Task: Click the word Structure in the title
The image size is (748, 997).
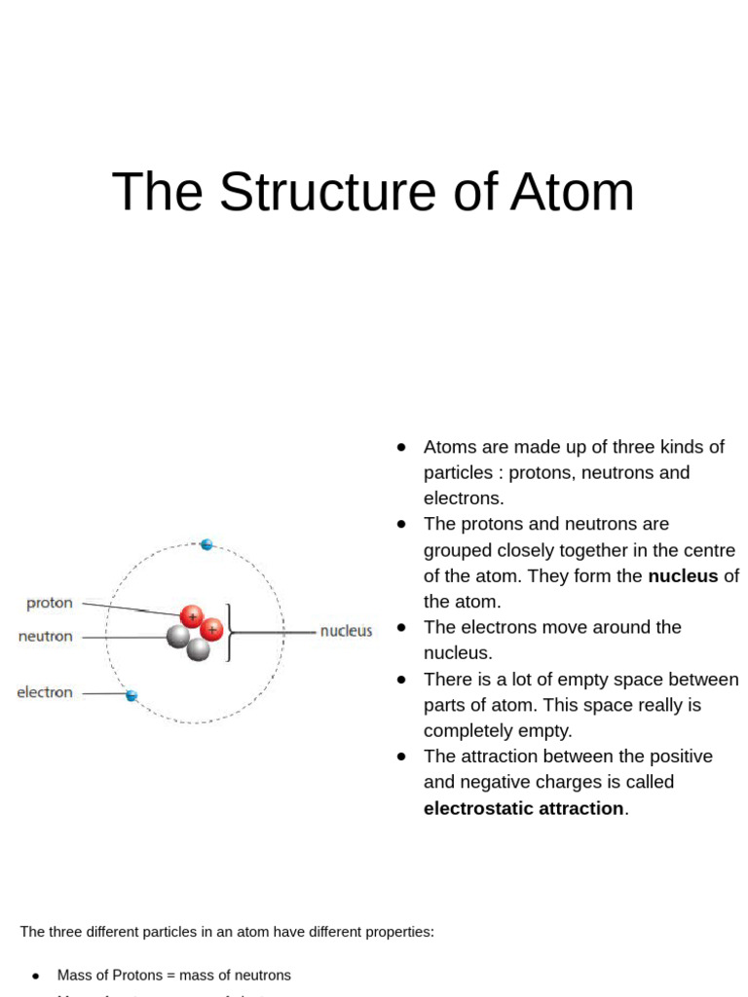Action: click(326, 192)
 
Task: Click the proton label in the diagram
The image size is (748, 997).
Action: click(50, 603)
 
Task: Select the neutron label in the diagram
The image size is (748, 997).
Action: click(46, 636)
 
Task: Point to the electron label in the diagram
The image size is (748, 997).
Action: click(45, 692)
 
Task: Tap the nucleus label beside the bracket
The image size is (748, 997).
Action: click(346, 631)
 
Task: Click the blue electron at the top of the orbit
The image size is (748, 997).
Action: click(206, 544)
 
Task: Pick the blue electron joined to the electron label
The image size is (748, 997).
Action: click(131, 695)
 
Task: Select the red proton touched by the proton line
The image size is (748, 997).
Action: click(192, 615)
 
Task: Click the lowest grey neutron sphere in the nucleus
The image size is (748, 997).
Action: click(199, 649)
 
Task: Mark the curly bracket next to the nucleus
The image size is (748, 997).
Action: click(230, 632)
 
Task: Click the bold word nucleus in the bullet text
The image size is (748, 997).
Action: click(682, 575)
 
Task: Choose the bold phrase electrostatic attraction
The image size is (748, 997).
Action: click(523, 808)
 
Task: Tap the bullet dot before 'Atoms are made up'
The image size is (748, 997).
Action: click(400, 447)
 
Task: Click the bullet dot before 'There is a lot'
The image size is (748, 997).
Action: click(400, 679)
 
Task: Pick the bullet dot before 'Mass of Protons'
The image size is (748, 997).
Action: click(36, 976)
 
